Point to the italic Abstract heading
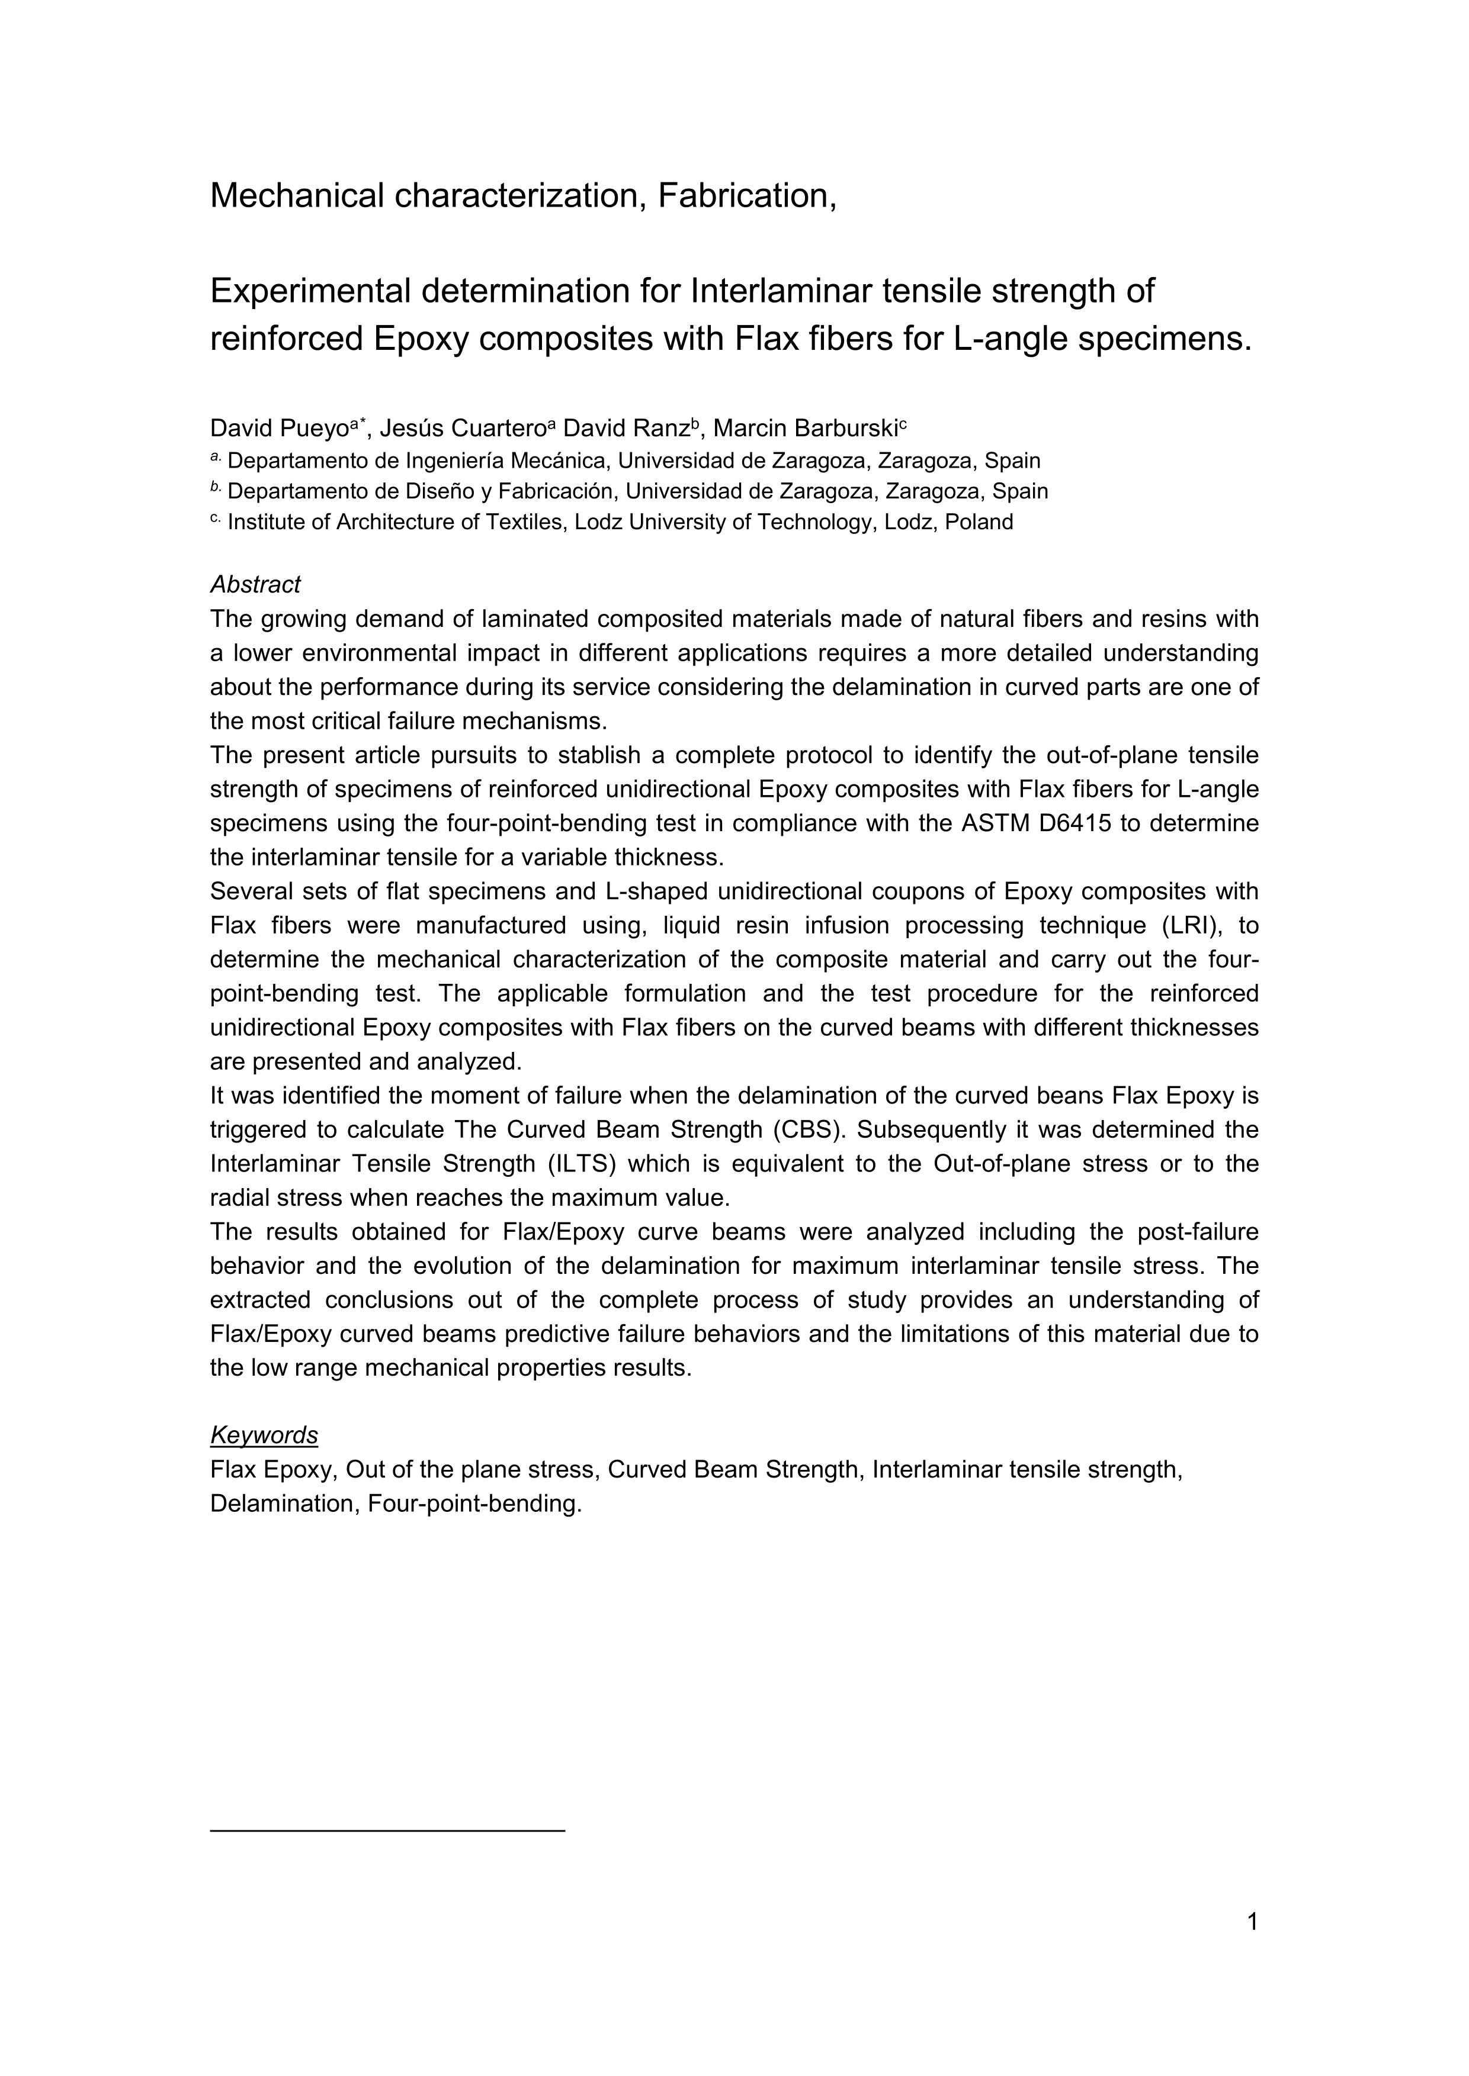[x=255, y=585]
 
